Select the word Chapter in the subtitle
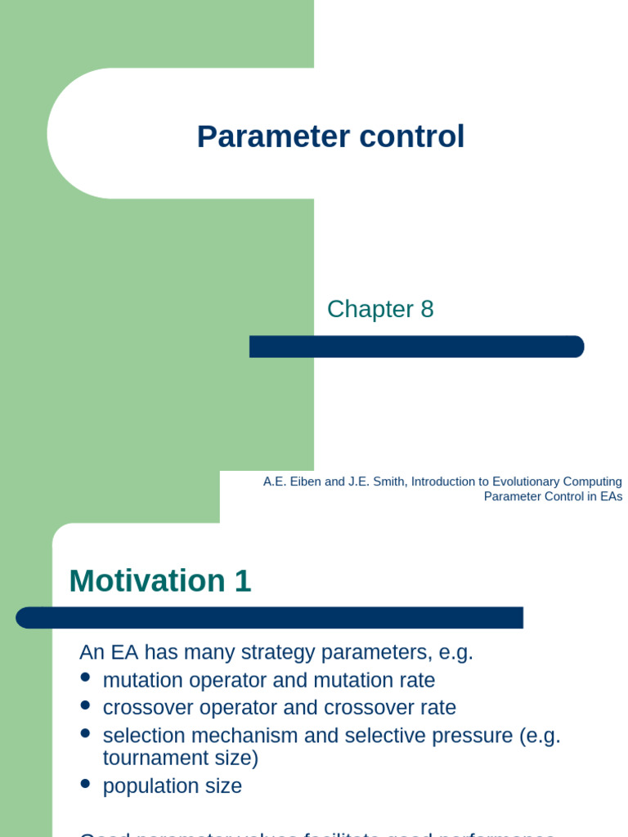coord(370,309)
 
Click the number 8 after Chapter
coord(427,309)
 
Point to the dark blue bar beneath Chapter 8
coord(416,347)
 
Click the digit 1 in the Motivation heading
coord(243,581)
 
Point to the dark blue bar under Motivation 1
coord(269,618)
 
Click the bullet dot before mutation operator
coord(86,678)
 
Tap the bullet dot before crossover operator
coord(86,705)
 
